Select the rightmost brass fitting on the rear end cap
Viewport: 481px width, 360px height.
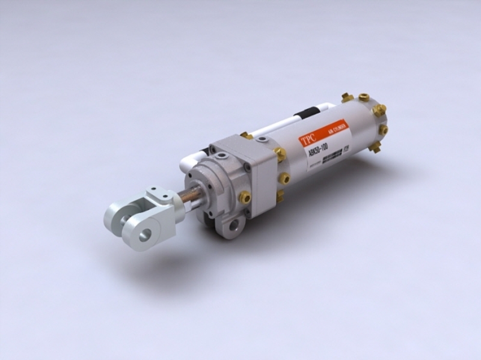[x=383, y=129]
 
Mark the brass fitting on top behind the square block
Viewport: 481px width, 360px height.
[x=247, y=136]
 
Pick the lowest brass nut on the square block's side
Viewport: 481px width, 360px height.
[x=280, y=195]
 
